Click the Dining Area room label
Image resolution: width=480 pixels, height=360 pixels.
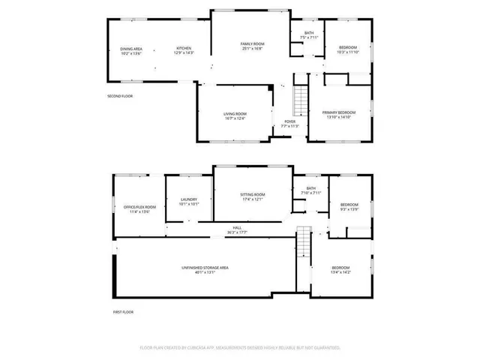pos(131,51)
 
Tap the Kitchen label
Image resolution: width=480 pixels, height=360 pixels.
pos(184,51)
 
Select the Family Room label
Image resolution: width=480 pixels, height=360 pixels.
pos(253,46)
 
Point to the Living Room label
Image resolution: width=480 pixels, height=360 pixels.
pos(235,116)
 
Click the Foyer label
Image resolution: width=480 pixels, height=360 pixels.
pos(289,124)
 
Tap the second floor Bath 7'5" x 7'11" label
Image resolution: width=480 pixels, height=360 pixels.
pos(309,35)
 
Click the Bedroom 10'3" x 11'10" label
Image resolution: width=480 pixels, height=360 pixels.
pos(348,49)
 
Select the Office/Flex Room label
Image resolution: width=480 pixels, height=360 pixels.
pos(139,209)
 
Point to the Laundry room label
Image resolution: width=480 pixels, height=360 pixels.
pos(188,201)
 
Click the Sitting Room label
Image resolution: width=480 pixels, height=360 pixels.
pos(252,196)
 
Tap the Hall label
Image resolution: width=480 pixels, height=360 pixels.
pos(237,229)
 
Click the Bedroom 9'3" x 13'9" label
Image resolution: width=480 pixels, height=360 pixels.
pos(350,207)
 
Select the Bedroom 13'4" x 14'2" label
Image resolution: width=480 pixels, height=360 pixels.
pos(340,270)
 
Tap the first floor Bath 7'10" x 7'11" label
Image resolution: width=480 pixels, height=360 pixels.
pos(310,190)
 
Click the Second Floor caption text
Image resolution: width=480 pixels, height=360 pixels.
pos(120,96)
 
